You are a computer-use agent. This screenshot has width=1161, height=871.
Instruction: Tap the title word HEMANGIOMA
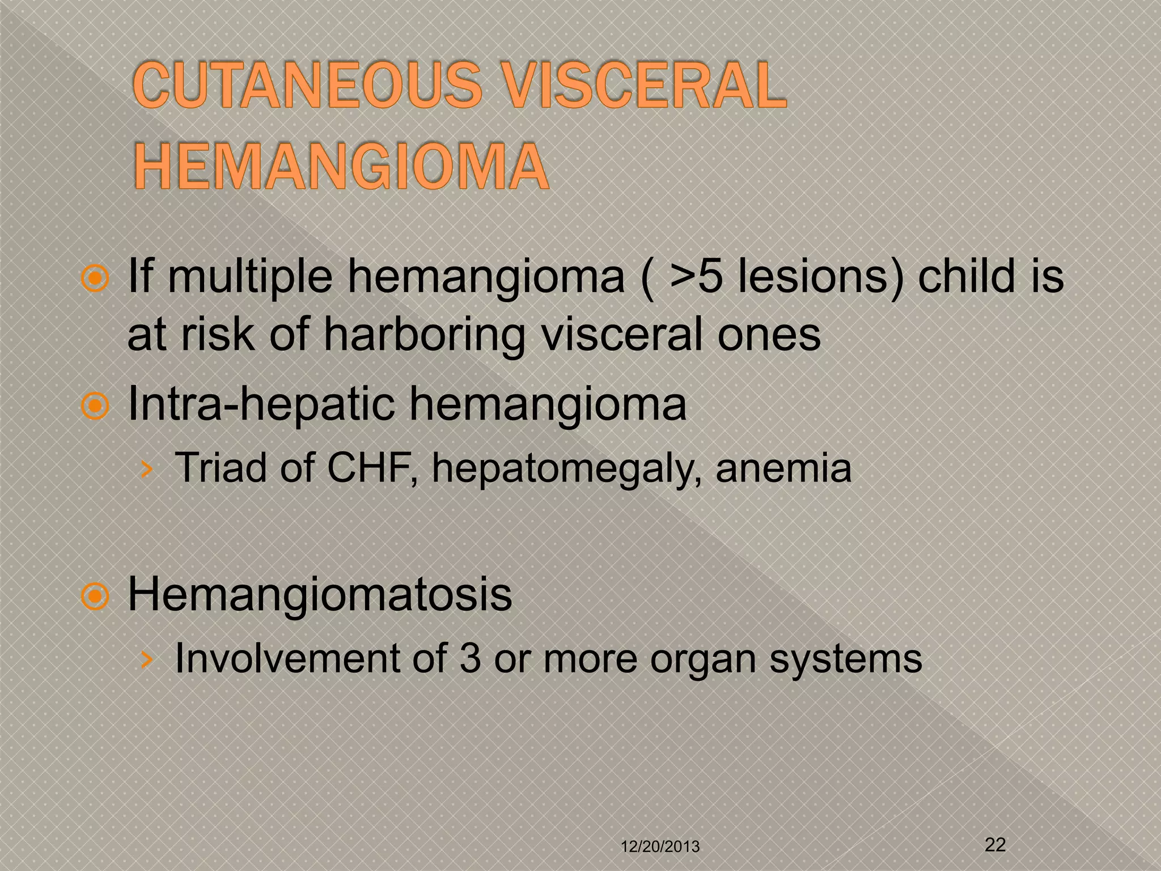(x=341, y=167)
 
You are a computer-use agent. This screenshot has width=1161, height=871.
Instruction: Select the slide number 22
(x=995, y=844)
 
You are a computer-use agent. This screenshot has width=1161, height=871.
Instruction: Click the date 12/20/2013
(x=660, y=847)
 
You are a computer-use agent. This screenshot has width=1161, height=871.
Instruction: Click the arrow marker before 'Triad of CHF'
(x=147, y=470)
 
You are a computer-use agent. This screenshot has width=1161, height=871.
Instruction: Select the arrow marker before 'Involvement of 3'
(x=147, y=659)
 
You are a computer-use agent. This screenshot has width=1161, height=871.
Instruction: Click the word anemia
(x=783, y=468)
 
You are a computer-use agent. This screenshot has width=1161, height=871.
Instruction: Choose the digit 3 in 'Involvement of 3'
(x=470, y=658)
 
